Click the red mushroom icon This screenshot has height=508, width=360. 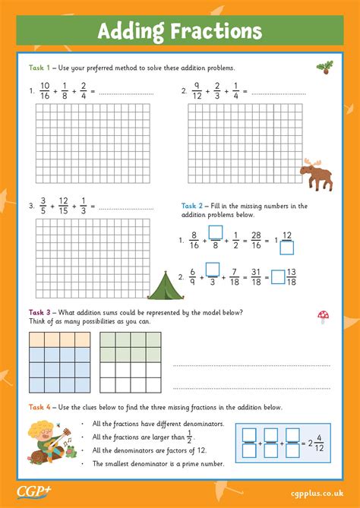(x=324, y=317)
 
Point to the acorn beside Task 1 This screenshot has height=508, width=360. (x=324, y=68)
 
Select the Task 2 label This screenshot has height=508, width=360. (x=191, y=206)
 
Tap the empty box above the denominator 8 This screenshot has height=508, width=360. (x=215, y=232)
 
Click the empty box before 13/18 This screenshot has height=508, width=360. (x=278, y=277)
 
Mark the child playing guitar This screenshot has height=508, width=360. (x=42, y=440)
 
